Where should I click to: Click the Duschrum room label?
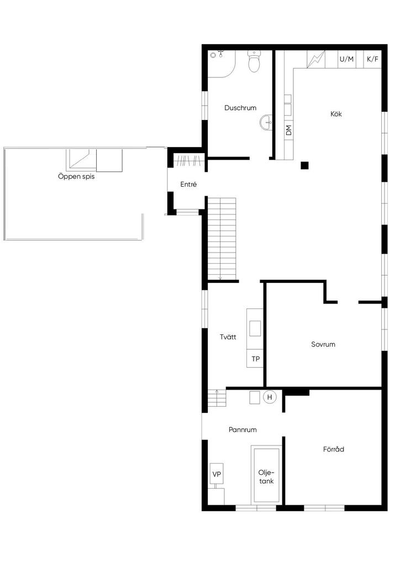(240, 108)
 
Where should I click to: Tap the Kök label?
(336, 114)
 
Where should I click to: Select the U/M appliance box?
(347, 59)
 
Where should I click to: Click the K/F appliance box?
(372, 59)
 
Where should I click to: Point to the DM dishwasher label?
(288, 130)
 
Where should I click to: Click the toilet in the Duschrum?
(254, 62)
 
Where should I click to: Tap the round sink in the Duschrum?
(266, 122)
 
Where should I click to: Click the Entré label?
(188, 185)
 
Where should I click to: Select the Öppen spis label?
(76, 177)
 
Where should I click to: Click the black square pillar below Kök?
(304, 165)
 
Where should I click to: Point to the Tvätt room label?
(228, 337)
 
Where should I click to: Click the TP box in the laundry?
(255, 359)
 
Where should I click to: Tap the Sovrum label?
(323, 344)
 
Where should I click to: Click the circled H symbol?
(270, 397)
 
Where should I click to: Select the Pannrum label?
(243, 429)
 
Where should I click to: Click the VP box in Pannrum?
(217, 474)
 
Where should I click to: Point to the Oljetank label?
(266, 477)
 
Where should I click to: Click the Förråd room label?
(334, 449)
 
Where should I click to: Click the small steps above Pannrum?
(217, 398)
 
